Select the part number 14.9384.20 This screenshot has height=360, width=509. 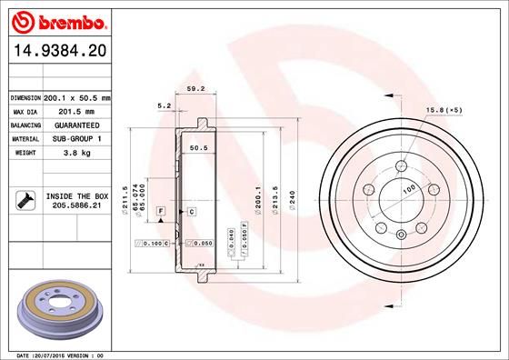click(57, 53)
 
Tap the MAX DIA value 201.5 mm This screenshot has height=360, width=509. click(77, 111)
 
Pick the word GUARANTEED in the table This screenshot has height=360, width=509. click(77, 125)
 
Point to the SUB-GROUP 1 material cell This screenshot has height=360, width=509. click(77, 139)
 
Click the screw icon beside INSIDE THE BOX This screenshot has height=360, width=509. click(25, 199)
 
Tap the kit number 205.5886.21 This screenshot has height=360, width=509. click(77, 205)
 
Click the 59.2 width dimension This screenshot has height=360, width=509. click(193, 89)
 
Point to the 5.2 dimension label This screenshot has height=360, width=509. click(165, 106)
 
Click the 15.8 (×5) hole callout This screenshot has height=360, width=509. click(444, 111)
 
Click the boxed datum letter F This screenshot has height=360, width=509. click(161, 211)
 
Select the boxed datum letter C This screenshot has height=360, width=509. click(193, 211)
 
